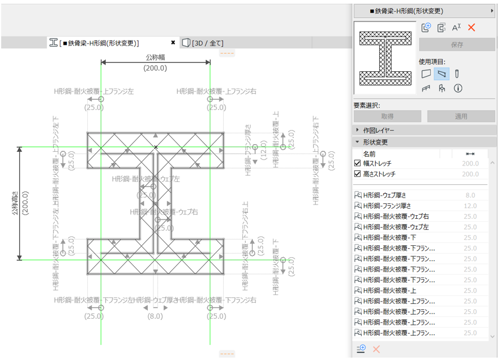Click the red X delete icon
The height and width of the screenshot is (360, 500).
(471, 28)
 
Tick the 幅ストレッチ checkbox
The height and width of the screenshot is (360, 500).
(358, 163)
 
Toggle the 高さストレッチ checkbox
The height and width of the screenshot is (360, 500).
(358, 174)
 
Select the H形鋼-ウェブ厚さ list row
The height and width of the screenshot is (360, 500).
(389, 195)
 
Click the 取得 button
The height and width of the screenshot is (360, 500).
(387, 117)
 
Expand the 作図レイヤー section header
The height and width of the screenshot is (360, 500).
(379, 130)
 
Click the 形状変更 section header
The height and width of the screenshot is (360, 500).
(375, 142)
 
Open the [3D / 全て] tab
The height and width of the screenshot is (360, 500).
(207, 43)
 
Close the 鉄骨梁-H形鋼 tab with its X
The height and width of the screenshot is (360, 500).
(173, 43)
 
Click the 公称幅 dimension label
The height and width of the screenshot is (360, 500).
(156, 57)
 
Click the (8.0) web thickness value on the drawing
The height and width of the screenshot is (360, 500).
(154, 316)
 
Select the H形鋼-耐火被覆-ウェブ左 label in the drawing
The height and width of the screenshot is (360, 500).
(146, 178)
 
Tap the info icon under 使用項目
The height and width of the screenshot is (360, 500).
(458, 89)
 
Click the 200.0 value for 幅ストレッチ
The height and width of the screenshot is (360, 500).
(469, 163)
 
